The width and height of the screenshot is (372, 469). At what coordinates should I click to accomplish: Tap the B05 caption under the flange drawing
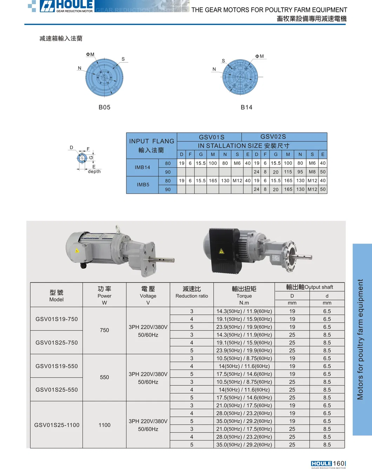pyautogui.click(x=105, y=107)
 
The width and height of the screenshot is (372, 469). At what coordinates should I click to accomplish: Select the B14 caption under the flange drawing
pyautogui.click(x=247, y=107)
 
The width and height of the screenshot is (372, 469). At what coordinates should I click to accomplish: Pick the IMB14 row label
pyautogui.click(x=142, y=168)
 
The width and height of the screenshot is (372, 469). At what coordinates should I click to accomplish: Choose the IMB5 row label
pyautogui.click(x=143, y=185)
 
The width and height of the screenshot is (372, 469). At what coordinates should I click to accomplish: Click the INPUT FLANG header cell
pyautogui.click(x=152, y=145)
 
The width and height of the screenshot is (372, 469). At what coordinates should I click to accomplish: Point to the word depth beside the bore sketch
pyautogui.click(x=94, y=171)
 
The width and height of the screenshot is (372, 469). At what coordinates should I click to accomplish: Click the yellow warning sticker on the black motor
pyautogui.click(x=221, y=251)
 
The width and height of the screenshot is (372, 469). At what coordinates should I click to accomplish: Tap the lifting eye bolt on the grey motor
pyautogui.click(x=118, y=230)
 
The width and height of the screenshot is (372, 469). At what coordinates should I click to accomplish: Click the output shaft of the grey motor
pyautogui.click(x=162, y=259)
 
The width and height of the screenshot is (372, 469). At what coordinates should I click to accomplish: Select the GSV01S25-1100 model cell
pyautogui.click(x=57, y=425)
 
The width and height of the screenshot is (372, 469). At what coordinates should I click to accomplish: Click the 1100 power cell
pyautogui.click(x=105, y=425)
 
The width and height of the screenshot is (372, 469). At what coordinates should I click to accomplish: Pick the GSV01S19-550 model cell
pyautogui.click(x=57, y=366)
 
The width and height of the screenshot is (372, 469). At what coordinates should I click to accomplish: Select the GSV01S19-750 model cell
pyautogui.click(x=57, y=319)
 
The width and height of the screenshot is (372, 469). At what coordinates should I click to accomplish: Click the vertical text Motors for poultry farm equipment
pyautogui.click(x=360, y=339)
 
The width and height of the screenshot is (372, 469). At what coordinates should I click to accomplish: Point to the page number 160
pyautogui.click(x=339, y=463)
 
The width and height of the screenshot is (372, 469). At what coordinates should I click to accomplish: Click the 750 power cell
pyautogui.click(x=105, y=330)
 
